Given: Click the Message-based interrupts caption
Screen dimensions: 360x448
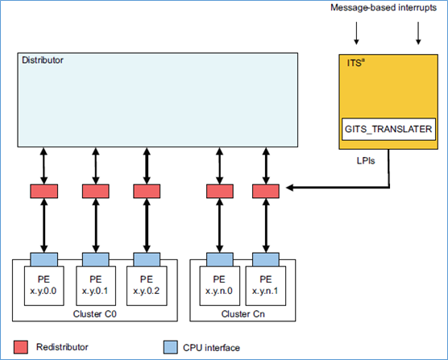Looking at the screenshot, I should click(384, 8).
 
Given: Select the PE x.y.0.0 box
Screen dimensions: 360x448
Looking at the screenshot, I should click(44, 285).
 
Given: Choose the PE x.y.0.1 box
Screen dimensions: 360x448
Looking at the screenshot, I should click(95, 285).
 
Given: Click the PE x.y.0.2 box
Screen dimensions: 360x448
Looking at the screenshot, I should click(147, 285).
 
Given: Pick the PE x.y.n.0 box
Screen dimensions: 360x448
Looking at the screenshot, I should click(219, 285).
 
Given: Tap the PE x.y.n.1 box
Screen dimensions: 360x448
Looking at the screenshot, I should click(265, 285).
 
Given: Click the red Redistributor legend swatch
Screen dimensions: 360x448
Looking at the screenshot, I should click(21, 347).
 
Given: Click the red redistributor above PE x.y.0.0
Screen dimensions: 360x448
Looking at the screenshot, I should click(44, 192).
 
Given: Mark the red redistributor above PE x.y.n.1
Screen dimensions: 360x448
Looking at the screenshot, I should click(265, 192).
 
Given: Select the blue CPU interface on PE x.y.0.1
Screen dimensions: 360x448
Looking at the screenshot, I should click(95, 259).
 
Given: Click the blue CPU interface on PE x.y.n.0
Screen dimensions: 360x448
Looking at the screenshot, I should click(219, 259).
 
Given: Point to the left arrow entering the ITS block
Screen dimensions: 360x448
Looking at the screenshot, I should click(355, 32).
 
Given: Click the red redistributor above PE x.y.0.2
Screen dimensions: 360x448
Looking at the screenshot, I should click(147, 192).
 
